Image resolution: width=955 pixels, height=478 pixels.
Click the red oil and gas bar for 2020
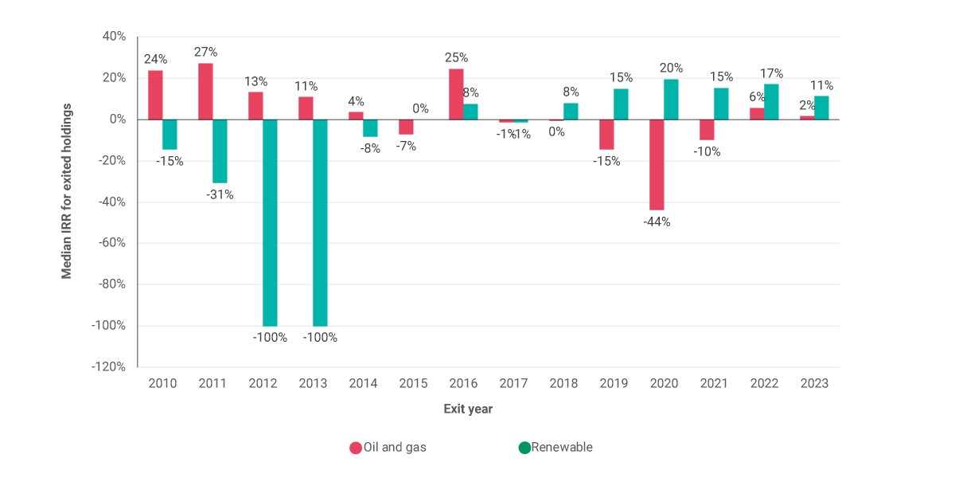657,165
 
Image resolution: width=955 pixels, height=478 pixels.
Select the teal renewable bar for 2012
270,223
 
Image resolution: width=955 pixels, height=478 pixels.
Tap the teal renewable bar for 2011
220,151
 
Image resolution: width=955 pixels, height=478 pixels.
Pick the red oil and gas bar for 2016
456,94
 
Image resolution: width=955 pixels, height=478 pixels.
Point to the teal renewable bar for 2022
771,102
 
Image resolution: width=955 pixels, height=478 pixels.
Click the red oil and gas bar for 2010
155,95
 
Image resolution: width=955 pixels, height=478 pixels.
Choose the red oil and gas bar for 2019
606,135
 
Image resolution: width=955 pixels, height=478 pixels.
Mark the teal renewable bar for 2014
370,128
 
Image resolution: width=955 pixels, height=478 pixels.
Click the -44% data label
657,222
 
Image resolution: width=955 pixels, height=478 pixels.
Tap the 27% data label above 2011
205,52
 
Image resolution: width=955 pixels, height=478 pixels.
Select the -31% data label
220,194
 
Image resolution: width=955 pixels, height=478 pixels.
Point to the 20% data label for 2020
671,68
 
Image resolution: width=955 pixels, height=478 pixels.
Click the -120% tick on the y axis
108,367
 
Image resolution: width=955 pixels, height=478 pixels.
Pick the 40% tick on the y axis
115,37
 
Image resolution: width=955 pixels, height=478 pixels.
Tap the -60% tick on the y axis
111,243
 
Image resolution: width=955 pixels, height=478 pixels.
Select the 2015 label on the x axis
413,383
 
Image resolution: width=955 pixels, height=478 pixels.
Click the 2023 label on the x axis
814,383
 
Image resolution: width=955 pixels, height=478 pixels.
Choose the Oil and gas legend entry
388,447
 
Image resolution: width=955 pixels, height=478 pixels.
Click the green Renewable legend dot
524,448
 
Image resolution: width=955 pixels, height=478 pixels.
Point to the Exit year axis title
468,409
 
